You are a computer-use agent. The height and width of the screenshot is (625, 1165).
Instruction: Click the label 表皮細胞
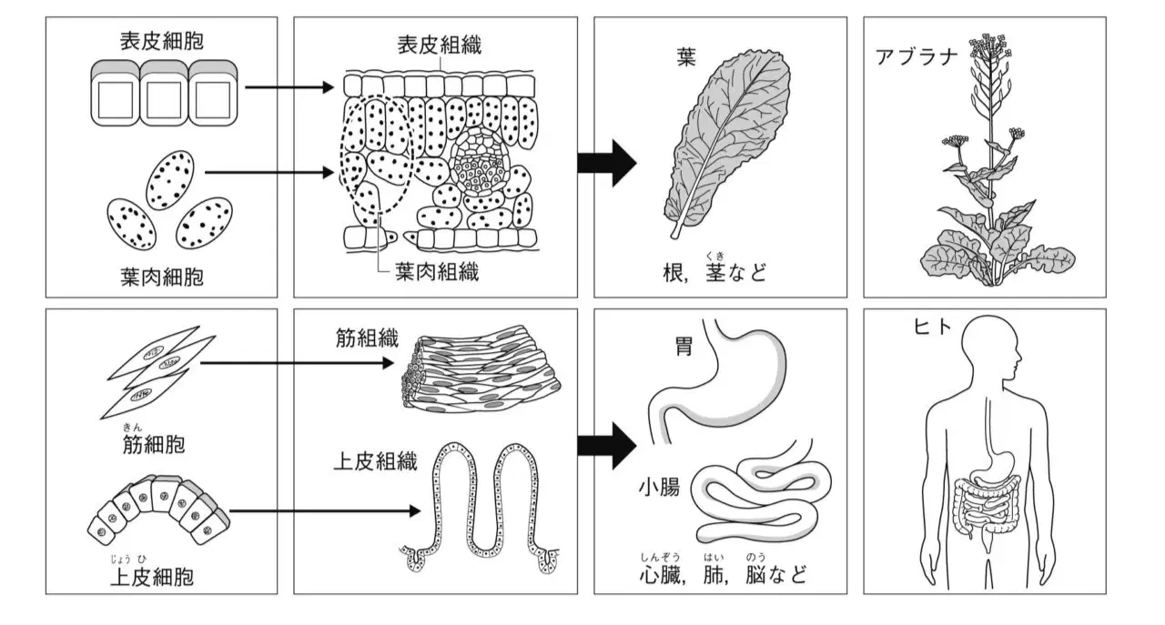click(162, 41)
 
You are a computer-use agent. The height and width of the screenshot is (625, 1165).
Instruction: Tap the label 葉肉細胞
click(162, 277)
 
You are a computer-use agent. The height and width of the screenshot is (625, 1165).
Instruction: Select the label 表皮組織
click(440, 45)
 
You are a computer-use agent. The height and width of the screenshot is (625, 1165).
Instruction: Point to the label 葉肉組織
click(437, 271)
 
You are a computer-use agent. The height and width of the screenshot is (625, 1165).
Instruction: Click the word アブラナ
click(917, 56)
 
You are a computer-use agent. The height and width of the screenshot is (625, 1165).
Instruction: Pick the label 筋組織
click(367, 338)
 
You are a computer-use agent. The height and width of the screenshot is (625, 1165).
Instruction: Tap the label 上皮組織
click(375, 461)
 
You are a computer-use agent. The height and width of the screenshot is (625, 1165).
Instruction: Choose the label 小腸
click(659, 488)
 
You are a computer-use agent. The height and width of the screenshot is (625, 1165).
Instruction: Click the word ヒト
click(933, 328)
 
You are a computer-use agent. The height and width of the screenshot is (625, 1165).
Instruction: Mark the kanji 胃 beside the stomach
click(684, 346)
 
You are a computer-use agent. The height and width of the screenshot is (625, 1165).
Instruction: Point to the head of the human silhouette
click(988, 348)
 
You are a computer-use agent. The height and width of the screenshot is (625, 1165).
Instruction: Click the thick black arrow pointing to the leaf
click(607, 163)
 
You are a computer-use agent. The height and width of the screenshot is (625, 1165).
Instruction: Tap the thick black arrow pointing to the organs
click(607, 446)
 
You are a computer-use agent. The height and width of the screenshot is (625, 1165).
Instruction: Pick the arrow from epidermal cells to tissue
click(289, 87)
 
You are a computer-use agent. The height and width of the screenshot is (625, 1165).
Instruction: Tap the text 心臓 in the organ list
click(660, 576)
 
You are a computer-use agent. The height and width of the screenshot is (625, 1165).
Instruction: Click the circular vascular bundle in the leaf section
click(480, 161)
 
